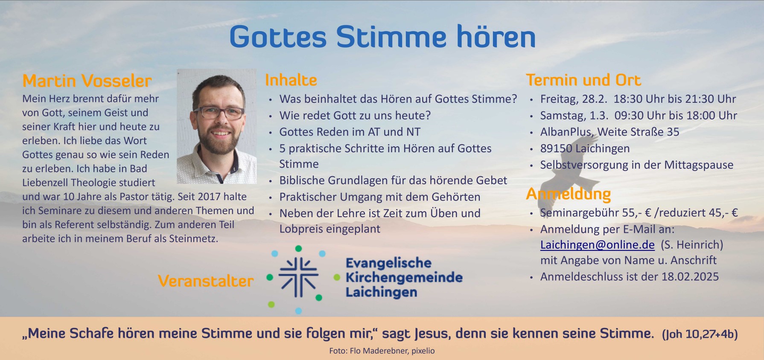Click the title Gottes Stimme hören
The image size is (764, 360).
[x=382, y=37]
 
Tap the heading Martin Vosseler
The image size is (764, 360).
[x=87, y=81]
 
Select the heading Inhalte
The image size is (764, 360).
[x=291, y=80]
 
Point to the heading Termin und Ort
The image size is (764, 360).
[x=583, y=80]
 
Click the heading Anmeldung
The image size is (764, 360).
[x=569, y=194]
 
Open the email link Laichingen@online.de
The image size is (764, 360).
[x=597, y=245]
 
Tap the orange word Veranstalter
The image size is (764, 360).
[x=206, y=281]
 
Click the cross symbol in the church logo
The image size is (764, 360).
[x=298, y=277]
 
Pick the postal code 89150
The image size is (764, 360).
[x=556, y=148]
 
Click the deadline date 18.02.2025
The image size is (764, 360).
[x=690, y=277]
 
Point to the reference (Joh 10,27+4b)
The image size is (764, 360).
[x=700, y=334]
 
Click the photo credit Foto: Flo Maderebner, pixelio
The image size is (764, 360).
[x=382, y=351]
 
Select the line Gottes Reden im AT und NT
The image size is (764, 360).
[x=350, y=132]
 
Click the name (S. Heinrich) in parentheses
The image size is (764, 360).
[x=692, y=245]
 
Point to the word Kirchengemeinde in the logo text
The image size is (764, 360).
[x=404, y=277]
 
